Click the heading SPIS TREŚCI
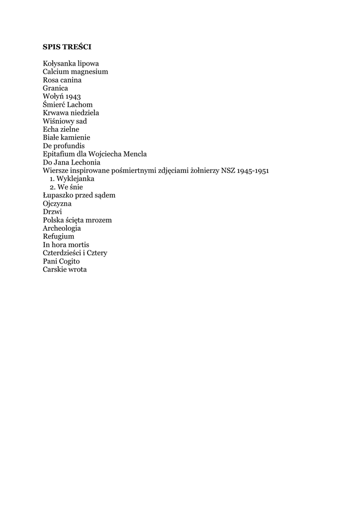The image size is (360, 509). click(67, 47)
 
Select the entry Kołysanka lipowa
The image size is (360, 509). click(71, 64)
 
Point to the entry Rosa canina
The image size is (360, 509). click(62, 80)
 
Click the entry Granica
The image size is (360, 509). click(55, 88)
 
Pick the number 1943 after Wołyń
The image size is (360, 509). click(73, 96)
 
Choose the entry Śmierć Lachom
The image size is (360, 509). click(68, 104)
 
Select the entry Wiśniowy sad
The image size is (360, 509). click(65, 121)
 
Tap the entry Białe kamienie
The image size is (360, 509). click(67, 137)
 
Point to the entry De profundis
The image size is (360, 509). click(64, 146)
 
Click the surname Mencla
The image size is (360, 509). click(134, 154)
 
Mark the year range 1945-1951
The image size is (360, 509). click(253, 170)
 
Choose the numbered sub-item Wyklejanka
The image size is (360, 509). click(75, 178)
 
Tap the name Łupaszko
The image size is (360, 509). click(58, 195)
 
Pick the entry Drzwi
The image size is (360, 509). click(52, 212)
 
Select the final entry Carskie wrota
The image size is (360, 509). click(65, 269)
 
